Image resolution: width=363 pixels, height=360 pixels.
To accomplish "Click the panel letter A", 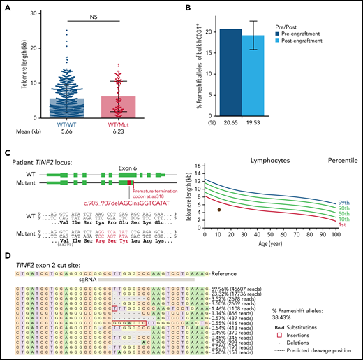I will pyautogui.click(x=6, y=7).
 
